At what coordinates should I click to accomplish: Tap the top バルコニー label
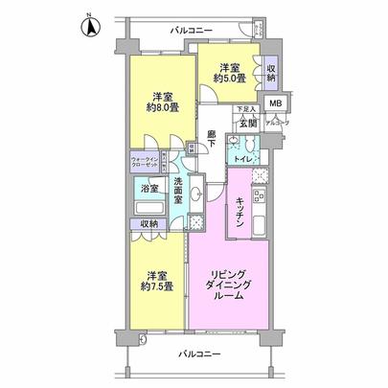tap(191, 30)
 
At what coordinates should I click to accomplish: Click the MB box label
tap(275, 103)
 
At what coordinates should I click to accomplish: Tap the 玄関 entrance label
tap(247, 123)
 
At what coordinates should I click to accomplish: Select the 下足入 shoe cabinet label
tap(247, 109)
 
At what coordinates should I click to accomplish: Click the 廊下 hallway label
tap(211, 141)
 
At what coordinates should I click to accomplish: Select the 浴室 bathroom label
tap(148, 189)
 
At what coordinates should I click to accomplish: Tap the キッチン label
tap(241, 211)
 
